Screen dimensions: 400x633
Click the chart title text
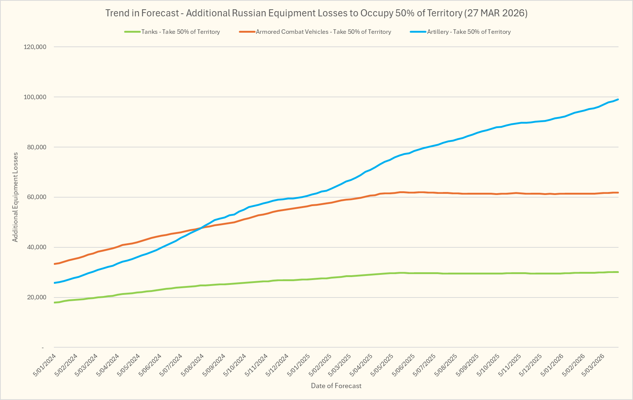(x=316, y=13)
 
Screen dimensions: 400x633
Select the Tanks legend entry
(x=181, y=32)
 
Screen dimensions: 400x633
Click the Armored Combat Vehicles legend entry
(x=323, y=32)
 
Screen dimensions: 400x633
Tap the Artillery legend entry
(x=468, y=32)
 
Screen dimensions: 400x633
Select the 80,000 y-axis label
(x=36, y=147)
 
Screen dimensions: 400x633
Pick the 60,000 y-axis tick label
(x=36, y=197)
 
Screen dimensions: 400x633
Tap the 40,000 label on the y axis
(x=36, y=247)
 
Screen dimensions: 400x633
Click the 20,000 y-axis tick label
(x=36, y=297)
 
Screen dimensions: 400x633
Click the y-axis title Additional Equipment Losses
(x=15, y=197)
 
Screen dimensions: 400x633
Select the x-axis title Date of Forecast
(x=336, y=386)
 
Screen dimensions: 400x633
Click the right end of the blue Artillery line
(x=618, y=99)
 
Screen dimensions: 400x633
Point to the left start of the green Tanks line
(x=55, y=303)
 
